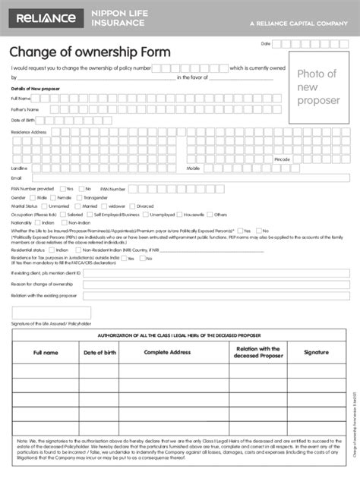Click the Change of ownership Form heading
tap(90, 52)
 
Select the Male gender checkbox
tap(33, 197)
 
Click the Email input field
tap(190, 178)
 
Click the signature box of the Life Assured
tap(52, 313)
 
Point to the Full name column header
tap(46, 353)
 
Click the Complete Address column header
tap(167, 353)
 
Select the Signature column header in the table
tap(316, 353)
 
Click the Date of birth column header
tap(99, 353)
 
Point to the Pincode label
tap(283, 159)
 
